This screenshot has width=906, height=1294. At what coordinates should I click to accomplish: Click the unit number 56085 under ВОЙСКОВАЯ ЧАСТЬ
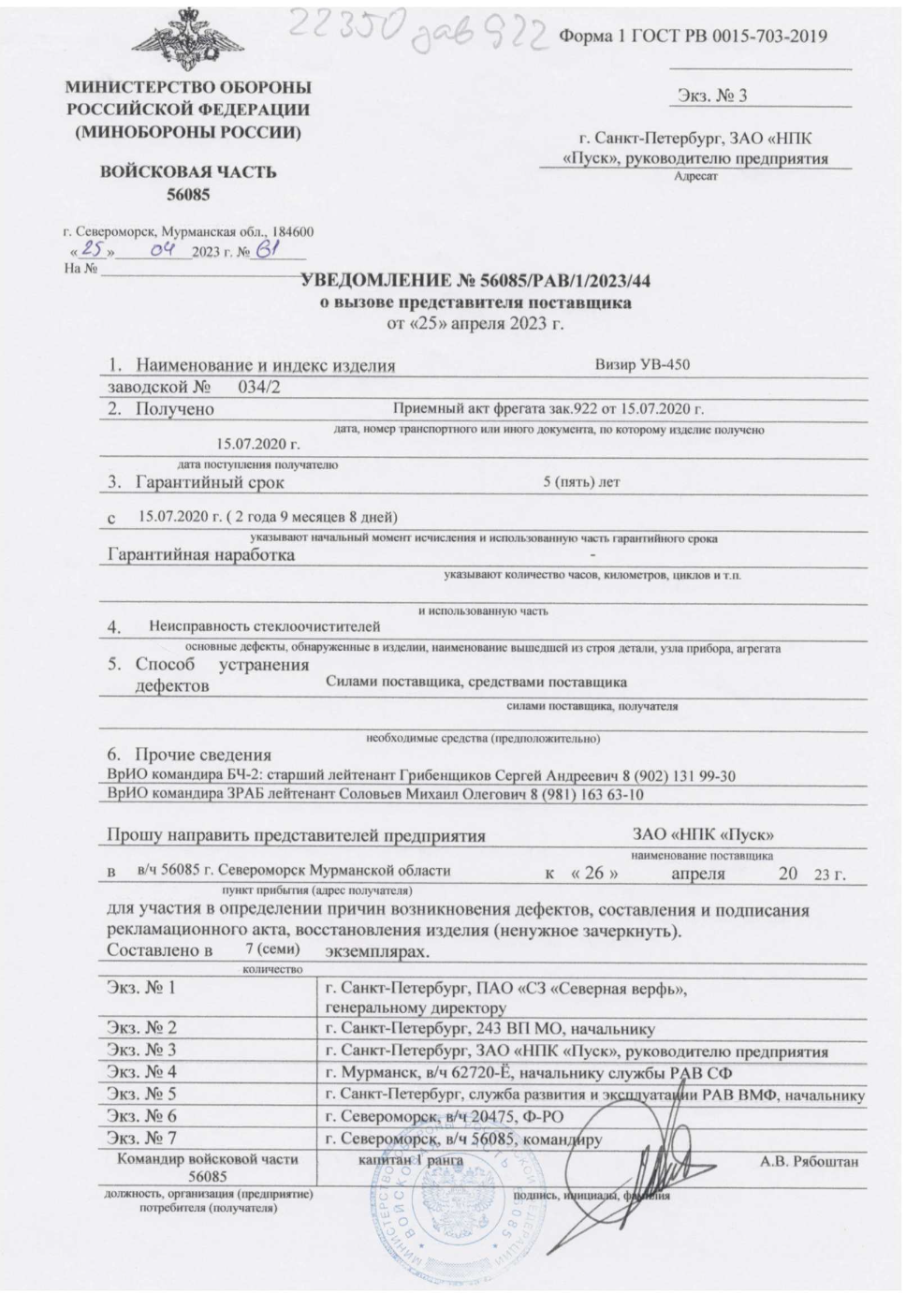[188, 195]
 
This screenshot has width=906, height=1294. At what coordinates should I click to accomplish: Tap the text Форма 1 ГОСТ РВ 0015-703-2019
[693, 37]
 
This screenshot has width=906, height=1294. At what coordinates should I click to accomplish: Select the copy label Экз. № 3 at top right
[711, 96]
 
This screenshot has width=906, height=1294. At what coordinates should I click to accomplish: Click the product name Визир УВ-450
[642, 364]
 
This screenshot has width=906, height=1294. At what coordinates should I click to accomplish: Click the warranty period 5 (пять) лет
[580, 482]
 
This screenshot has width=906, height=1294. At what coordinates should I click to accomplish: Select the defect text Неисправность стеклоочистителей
[265, 625]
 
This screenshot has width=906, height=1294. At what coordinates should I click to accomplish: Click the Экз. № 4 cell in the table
[142, 1071]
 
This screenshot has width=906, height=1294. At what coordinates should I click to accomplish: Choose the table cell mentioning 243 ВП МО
[490, 1028]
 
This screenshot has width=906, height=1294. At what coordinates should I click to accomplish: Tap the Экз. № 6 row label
[142, 1115]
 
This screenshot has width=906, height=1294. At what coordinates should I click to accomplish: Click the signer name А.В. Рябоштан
[808, 1162]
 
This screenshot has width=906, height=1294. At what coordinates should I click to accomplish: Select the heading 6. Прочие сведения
[189, 755]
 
